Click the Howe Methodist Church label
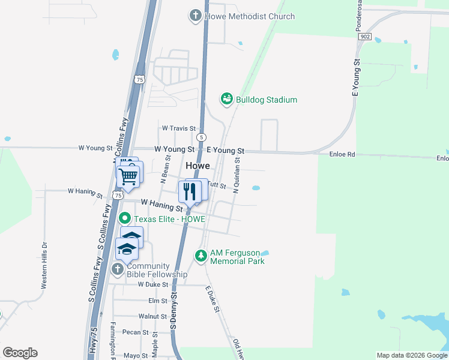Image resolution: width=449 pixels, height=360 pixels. click(x=250, y=16)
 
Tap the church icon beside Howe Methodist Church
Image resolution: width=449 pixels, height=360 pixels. click(x=195, y=16)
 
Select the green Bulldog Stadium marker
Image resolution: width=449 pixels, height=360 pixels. click(x=226, y=99)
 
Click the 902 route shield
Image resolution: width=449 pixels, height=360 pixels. click(x=364, y=37)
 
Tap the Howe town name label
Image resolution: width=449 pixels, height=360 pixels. click(x=197, y=166)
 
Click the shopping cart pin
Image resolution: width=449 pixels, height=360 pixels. click(x=127, y=176)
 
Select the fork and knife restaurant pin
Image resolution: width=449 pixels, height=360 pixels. click(x=190, y=192)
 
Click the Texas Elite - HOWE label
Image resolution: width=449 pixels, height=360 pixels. click(x=169, y=219)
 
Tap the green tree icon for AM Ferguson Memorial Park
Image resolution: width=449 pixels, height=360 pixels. click(x=200, y=256)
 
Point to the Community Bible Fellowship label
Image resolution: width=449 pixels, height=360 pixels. click(x=157, y=270)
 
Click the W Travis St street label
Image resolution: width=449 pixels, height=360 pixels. click(x=179, y=128)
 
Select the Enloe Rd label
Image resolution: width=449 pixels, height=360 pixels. click(x=343, y=154)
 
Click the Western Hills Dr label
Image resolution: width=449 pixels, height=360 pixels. click(x=44, y=266)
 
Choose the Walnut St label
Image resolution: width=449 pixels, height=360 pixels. click(x=152, y=316)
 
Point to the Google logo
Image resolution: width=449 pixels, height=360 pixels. click(x=20, y=353)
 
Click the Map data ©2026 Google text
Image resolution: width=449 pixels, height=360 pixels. click(x=412, y=355)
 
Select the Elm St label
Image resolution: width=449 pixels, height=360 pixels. click(x=157, y=301)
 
